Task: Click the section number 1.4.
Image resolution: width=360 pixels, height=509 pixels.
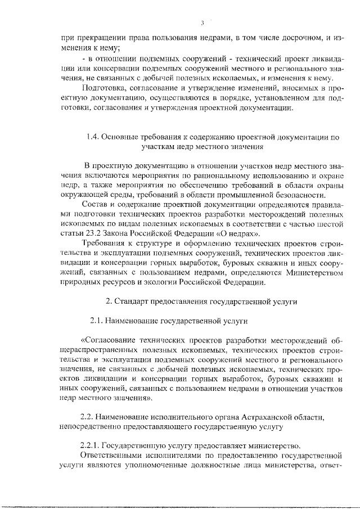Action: pos(92,137)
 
